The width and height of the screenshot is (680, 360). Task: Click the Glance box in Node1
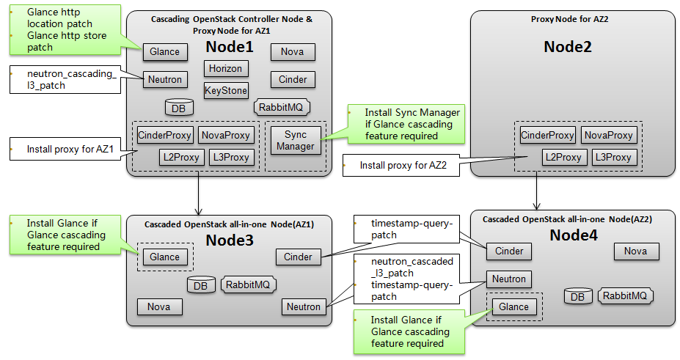pos(164,52)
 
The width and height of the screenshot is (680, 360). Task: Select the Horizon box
pos(226,69)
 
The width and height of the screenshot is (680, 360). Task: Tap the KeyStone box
pos(226,90)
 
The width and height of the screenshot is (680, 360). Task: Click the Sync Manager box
pos(296,139)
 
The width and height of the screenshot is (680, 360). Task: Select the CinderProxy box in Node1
pos(165,135)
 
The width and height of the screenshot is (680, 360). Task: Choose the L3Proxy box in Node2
pos(613,157)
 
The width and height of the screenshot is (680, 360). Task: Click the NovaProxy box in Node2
pos(609,135)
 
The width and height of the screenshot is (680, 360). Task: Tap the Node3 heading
pos(229,240)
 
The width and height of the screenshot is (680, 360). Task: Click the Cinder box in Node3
pos(298,257)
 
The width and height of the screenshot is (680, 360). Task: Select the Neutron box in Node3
pos(304,306)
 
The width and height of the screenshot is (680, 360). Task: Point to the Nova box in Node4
pos(636,251)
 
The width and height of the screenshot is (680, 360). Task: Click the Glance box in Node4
pos(513,306)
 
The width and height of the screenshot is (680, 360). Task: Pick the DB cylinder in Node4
pos(577,296)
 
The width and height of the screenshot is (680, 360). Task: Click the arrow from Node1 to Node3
pos(199,195)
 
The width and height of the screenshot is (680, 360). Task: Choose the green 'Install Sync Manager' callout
pos(407,124)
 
